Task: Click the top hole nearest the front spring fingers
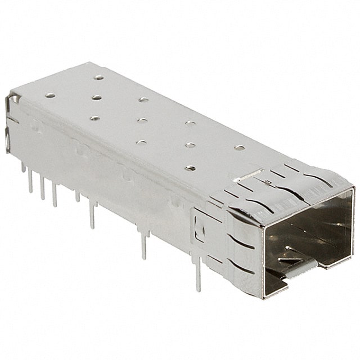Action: coord(240,148)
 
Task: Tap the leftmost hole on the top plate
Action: coord(50,96)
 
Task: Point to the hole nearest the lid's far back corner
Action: coord(99,78)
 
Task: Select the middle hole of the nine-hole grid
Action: coord(142,120)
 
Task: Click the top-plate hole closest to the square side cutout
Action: coord(191,168)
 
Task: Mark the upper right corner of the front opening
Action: coord(352,190)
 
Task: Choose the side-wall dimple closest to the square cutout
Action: coord(175,201)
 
